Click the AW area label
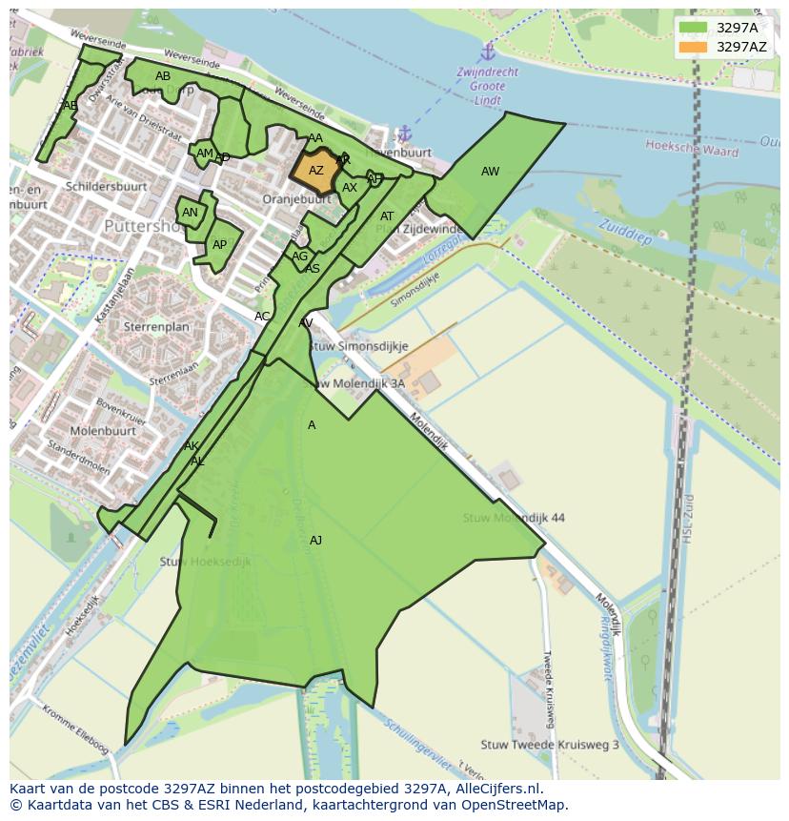click(490, 172)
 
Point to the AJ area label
click(315, 541)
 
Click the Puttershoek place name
click(143, 227)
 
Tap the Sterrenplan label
click(156, 326)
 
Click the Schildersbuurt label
click(105, 186)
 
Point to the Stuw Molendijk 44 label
click(514, 518)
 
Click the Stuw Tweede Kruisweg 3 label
click(550, 745)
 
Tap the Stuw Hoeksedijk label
click(205, 562)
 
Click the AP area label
click(219, 245)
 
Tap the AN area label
click(190, 213)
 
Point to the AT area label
click(387, 216)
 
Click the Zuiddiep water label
click(624, 232)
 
